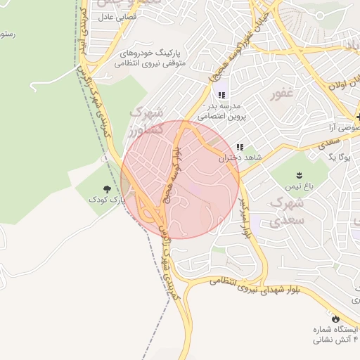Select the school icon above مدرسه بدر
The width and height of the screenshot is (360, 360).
pyautogui.click(x=221, y=95)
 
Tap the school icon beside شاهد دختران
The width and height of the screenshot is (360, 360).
pyautogui.click(x=240, y=148)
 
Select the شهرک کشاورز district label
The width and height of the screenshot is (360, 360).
pyautogui.click(x=147, y=122)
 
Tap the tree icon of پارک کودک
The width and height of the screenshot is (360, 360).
pyautogui.click(x=108, y=188)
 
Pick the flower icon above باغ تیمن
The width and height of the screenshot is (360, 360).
pyautogui.click(x=300, y=174)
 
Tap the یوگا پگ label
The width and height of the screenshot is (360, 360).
pyautogui.click(x=339, y=157)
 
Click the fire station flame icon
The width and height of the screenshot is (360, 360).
pyautogui.click(x=335, y=319)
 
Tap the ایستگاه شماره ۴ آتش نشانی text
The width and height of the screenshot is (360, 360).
pyautogui.click(x=335, y=335)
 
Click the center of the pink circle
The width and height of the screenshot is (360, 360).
pyautogui.click(x=180, y=179)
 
